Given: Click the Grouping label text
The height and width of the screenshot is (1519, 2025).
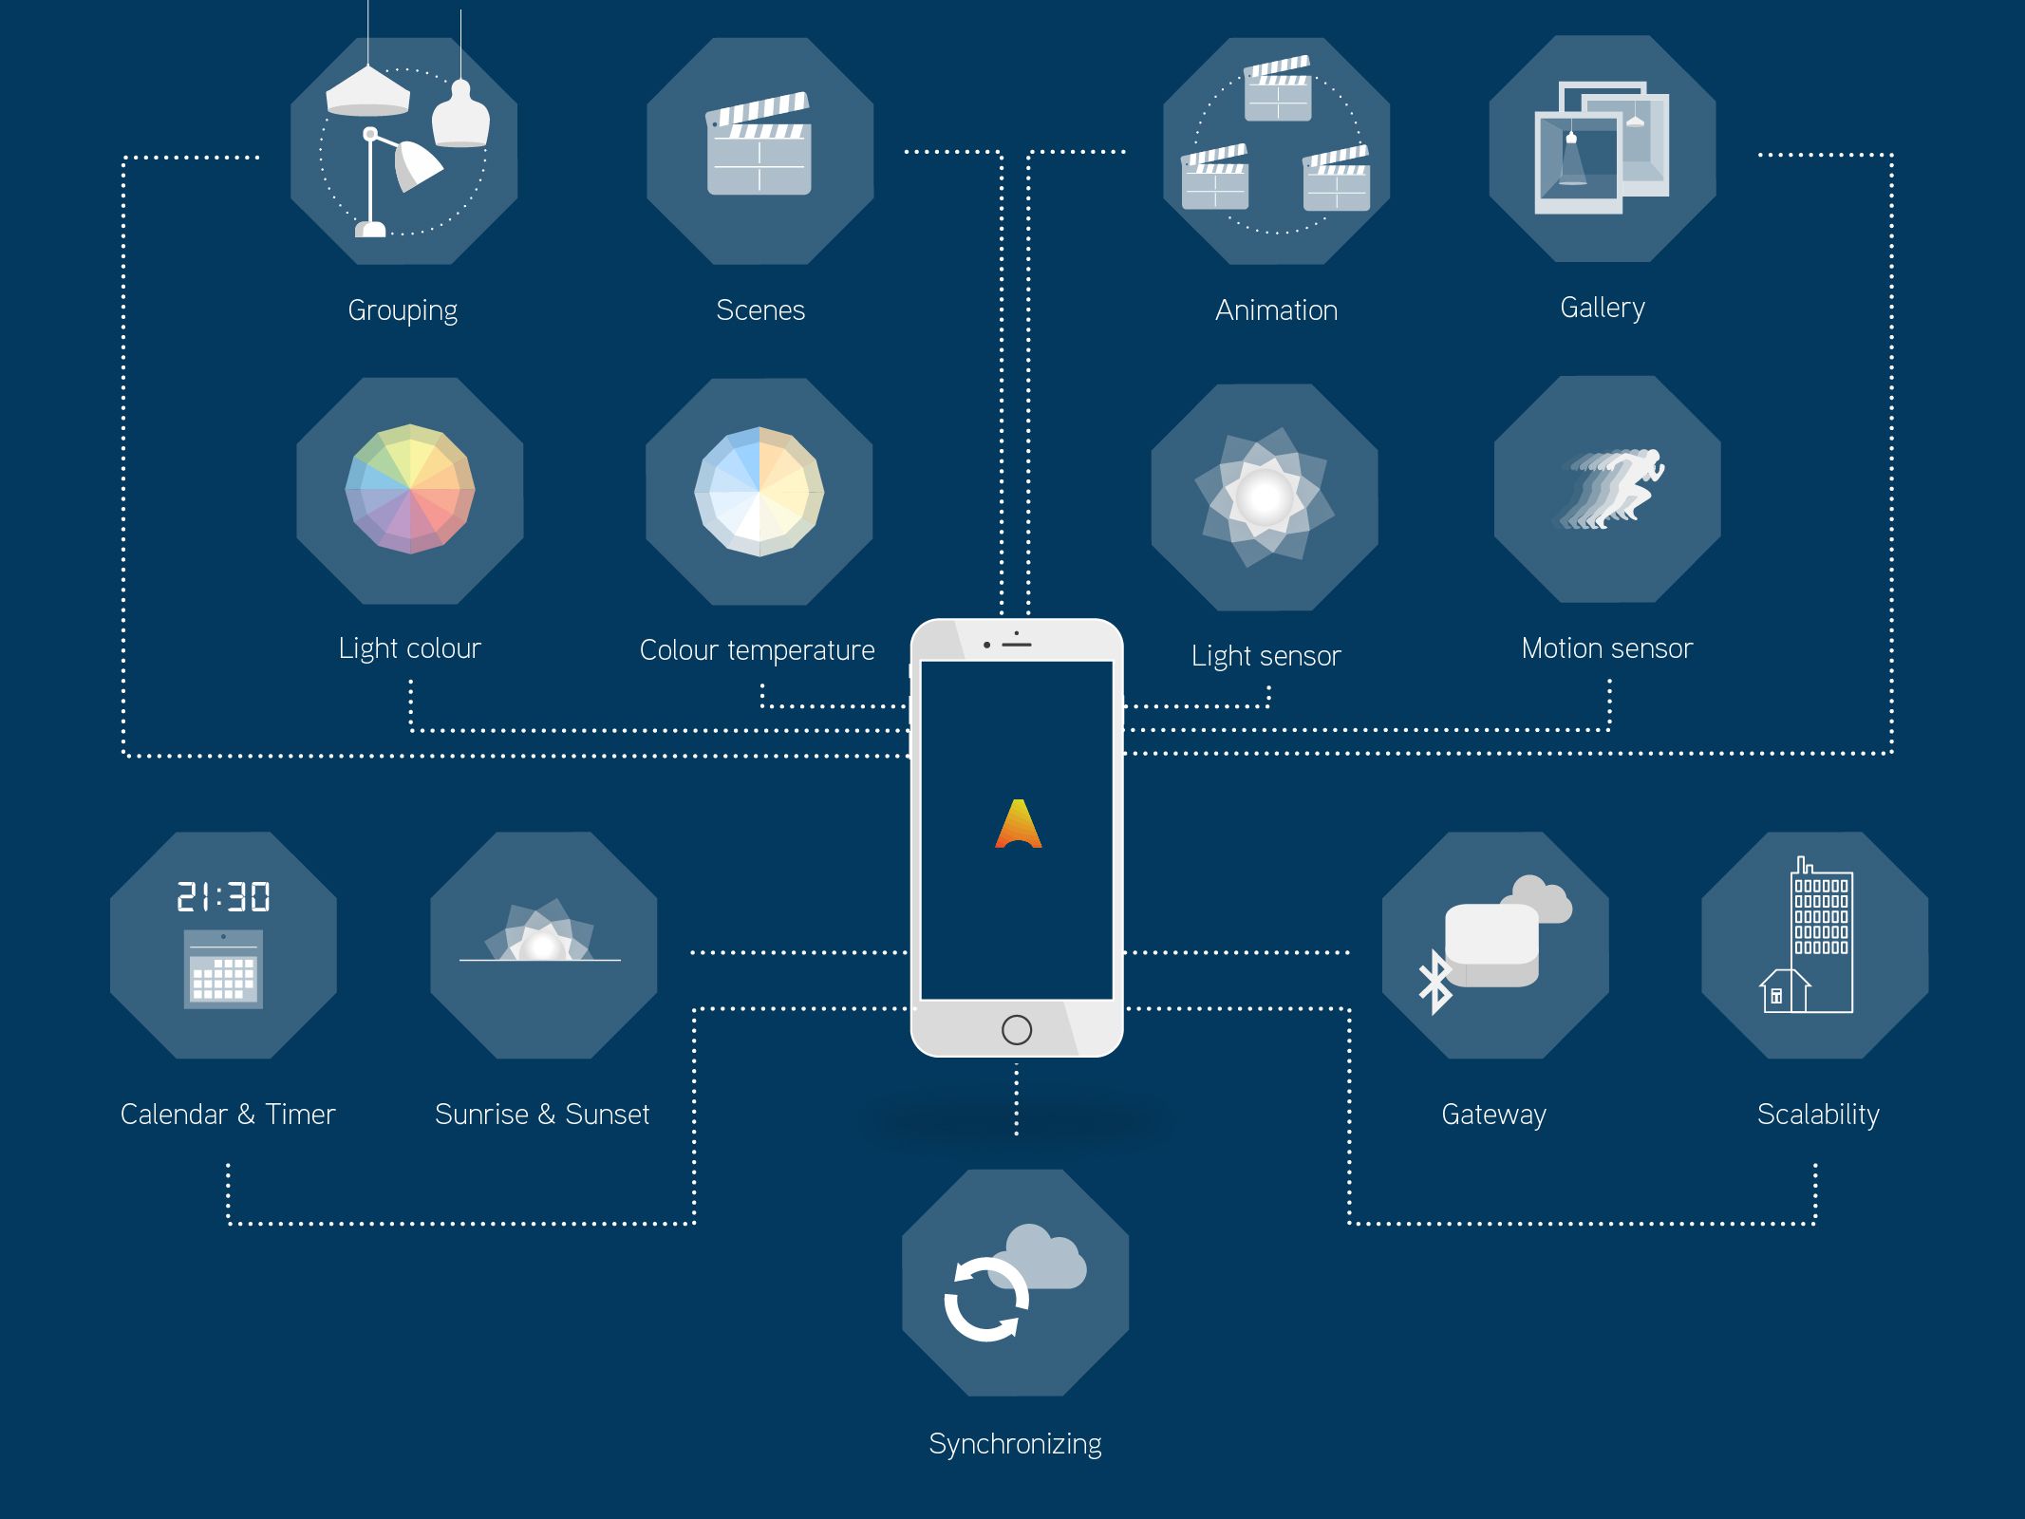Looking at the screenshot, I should [403, 310].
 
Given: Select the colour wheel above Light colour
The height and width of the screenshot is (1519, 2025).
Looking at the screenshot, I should [409, 489].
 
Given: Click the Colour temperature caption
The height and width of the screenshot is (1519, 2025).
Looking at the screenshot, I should [757, 650].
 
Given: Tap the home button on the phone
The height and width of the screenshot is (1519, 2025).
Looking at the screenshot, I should [1016, 1029].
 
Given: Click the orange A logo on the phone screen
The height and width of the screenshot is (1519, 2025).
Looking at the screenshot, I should [1018, 824].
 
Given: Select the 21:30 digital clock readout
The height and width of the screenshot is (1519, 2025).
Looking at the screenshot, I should [223, 896].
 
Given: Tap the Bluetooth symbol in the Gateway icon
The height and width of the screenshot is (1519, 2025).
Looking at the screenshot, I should [1434, 983].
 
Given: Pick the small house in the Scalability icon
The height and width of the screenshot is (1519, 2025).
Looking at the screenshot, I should [1783, 991].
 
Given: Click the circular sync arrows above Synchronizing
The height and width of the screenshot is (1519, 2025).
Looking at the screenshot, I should [986, 1300].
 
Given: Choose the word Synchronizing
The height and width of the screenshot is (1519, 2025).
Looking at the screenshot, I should [1015, 1444].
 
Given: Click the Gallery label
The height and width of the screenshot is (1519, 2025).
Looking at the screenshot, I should [1603, 308].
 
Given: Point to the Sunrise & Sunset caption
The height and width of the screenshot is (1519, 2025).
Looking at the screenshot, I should [542, 1114].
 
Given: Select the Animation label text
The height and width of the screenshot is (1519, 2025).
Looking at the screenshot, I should [1276, 310].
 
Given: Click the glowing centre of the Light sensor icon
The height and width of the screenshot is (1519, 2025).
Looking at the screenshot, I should [1264, 497].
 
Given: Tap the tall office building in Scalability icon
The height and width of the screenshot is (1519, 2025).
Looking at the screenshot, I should [1821, 935].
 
